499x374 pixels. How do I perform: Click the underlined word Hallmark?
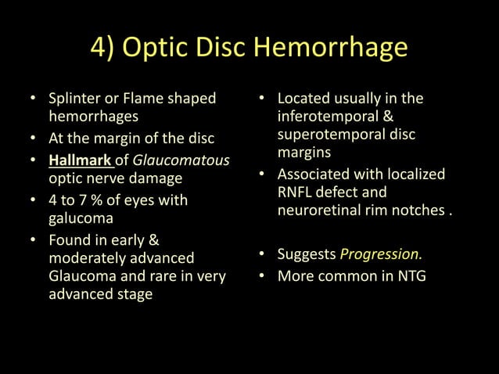point(79,160)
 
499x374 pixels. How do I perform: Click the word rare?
point(184,275)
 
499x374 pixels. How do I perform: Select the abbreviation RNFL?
point(296,192)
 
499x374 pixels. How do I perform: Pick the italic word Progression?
point(381,255)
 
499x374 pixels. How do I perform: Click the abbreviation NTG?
point(408,275)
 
